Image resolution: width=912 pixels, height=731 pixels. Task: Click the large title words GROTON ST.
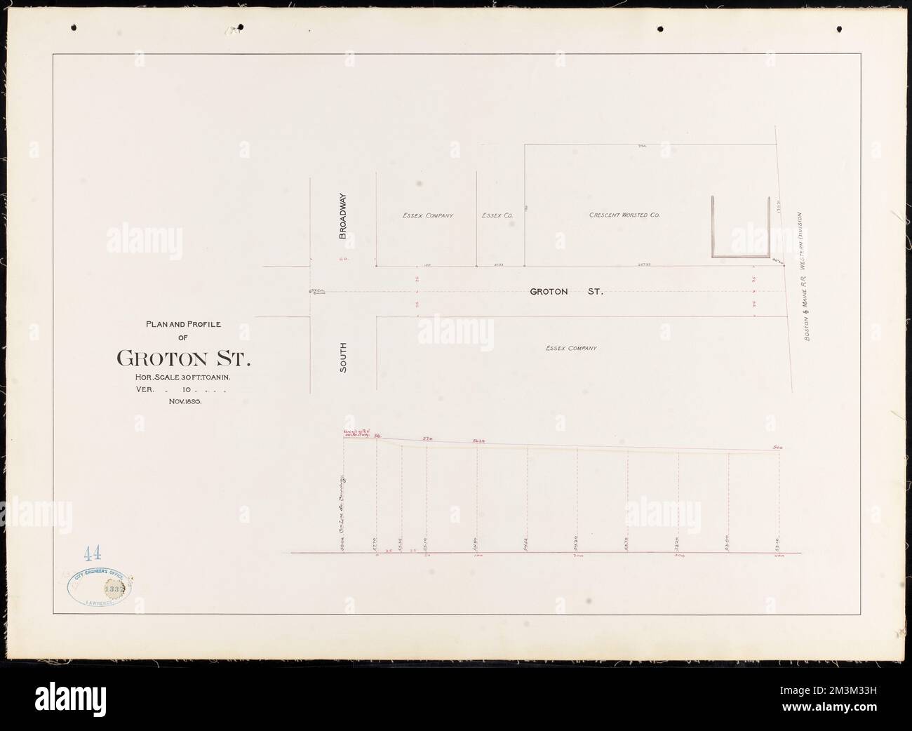coord(183,358)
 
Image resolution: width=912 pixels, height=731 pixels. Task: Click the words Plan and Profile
coord(183,324)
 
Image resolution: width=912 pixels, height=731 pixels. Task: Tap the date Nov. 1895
coord(185,402)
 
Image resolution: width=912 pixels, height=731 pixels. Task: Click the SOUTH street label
coord(344,357)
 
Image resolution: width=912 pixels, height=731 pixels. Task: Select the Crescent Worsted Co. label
coord(624,215)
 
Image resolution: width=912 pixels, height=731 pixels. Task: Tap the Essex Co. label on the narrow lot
coord(499,215)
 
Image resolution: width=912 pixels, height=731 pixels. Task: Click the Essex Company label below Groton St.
coord(571,348)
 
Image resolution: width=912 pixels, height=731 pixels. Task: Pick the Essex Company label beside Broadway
coord(428,215)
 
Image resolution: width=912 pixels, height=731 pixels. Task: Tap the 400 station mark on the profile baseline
coord(779,556)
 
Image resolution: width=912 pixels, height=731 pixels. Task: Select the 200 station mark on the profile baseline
coord(578,556)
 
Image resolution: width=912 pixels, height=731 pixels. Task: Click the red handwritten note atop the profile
coord(356,434)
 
